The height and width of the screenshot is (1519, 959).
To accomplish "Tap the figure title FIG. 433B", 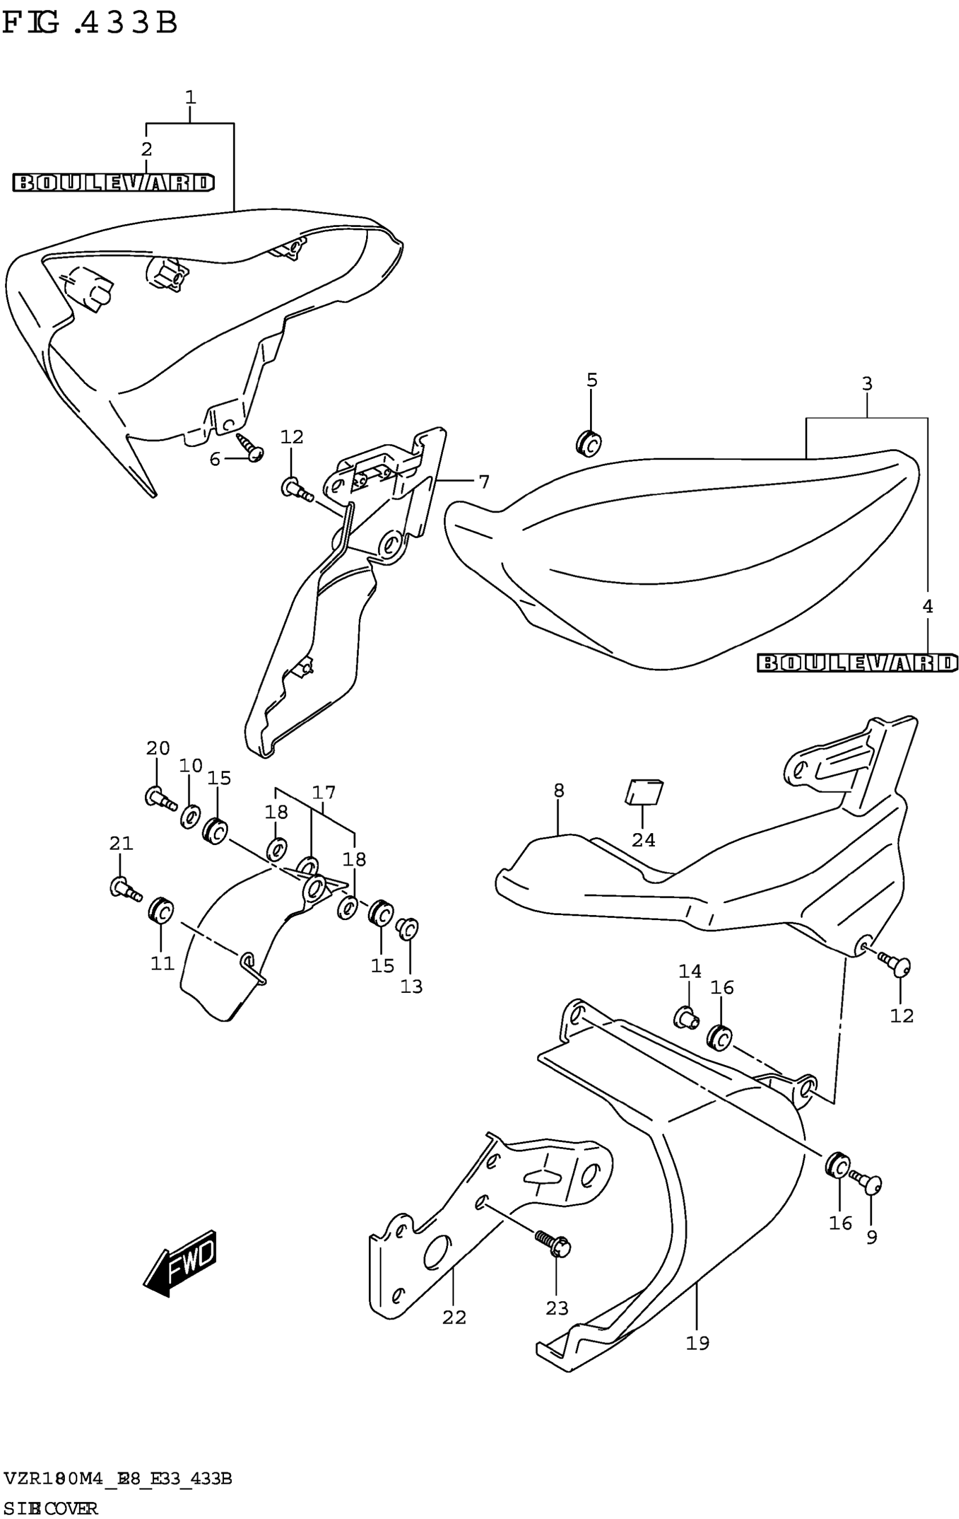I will [x=90, y=24].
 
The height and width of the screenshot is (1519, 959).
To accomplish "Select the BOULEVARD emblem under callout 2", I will [x=113, y=183].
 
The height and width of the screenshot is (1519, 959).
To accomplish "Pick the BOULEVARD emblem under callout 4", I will [x=857, y=663].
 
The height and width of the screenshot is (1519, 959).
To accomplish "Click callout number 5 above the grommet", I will [x=591, y=380].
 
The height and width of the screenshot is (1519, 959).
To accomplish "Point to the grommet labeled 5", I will [x=588, y=444].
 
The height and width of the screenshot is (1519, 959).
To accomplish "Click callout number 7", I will [x=483, y=483].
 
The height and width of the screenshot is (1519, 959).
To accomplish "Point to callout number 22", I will [x=454, y=1317].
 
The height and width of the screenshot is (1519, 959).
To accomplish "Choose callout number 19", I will [x=697, y=1343].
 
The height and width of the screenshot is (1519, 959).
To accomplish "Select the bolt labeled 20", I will [x=160, y=799].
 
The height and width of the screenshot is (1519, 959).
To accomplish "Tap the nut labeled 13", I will [x=407, y=928].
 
